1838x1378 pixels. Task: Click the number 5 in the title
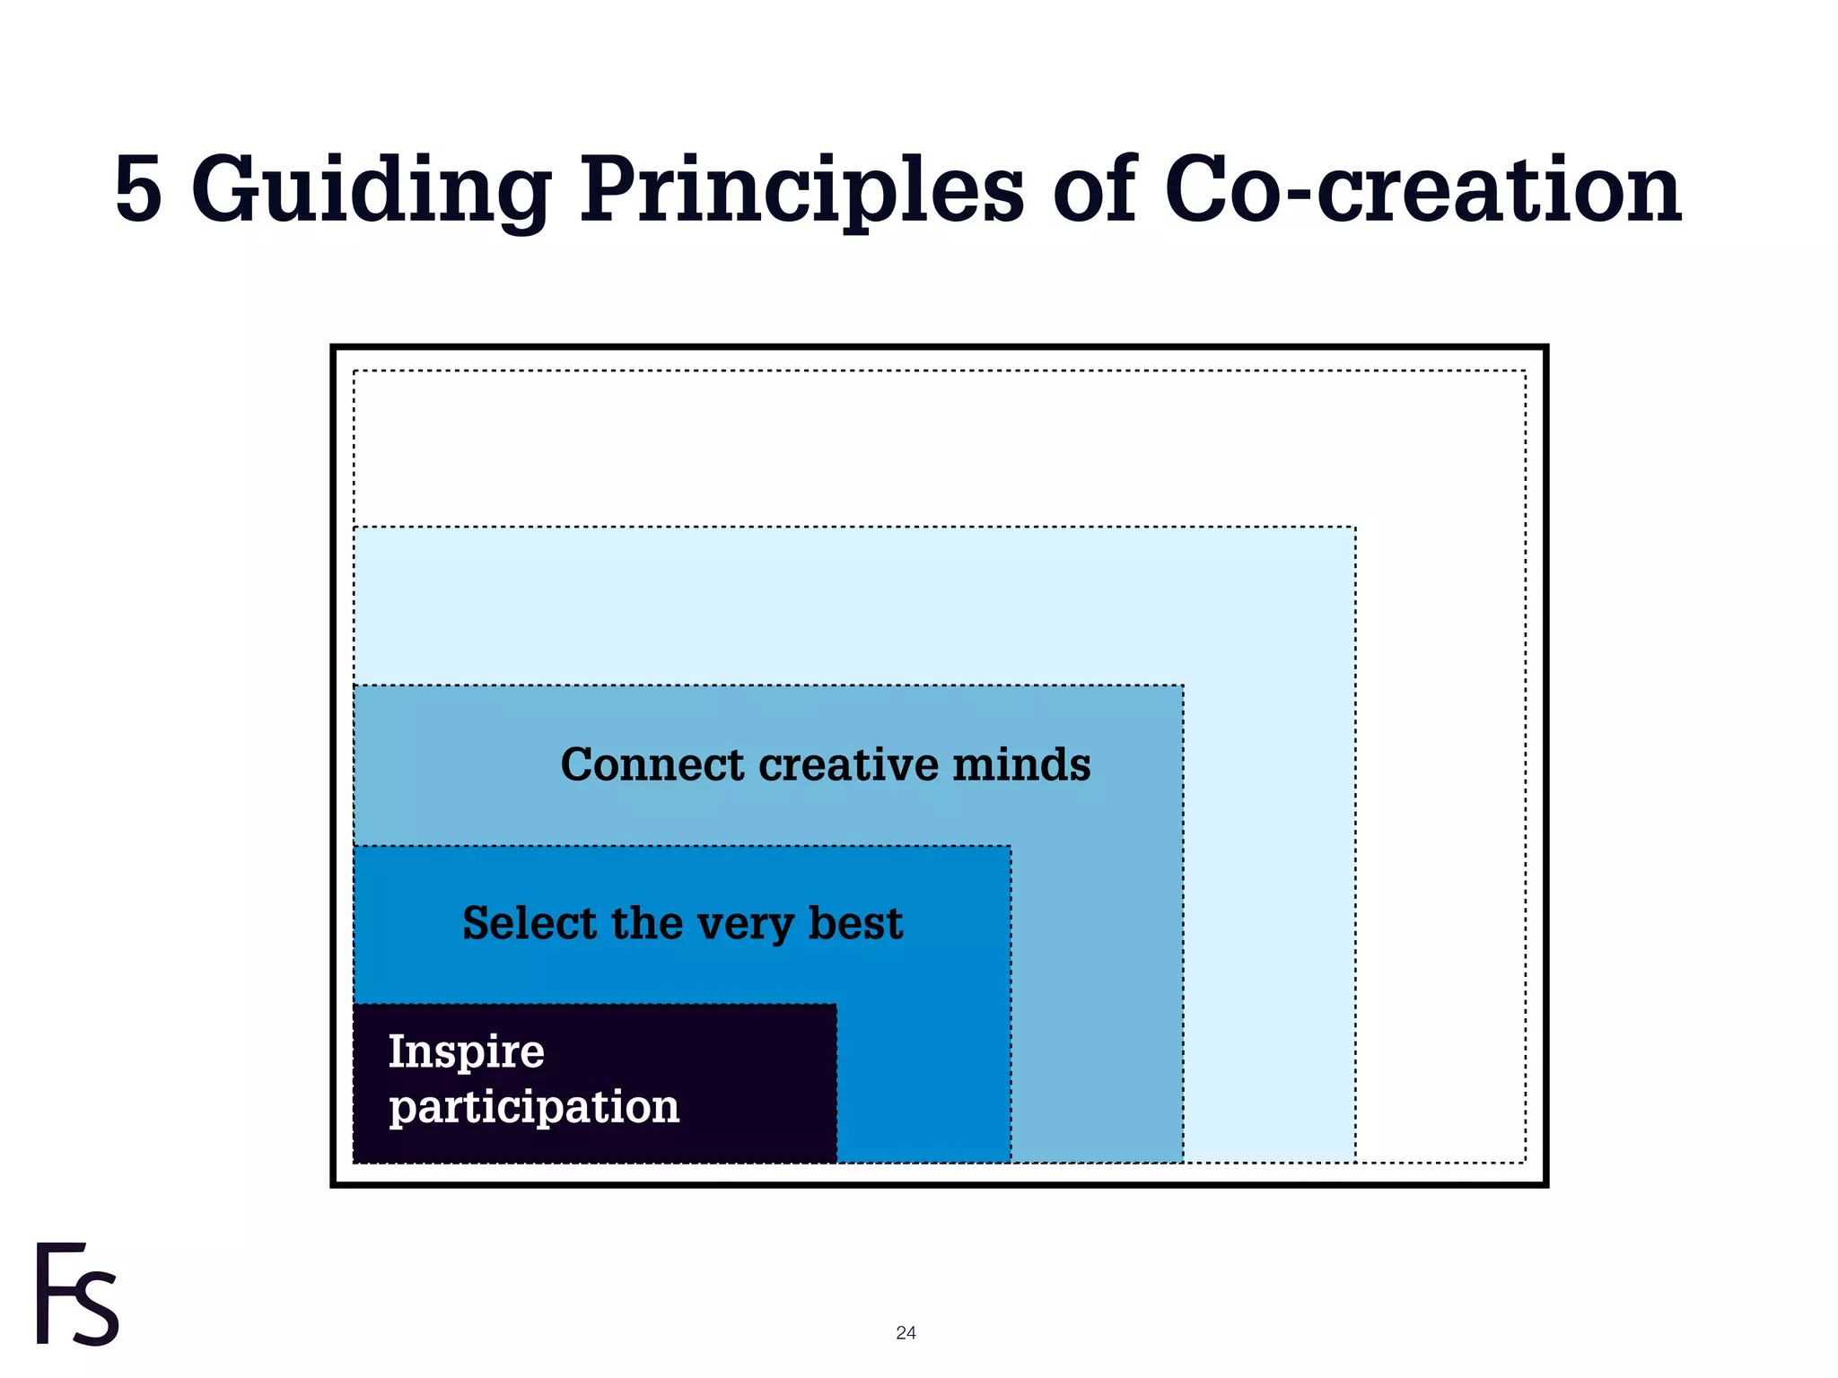pyautogui.click(x=139, y=190)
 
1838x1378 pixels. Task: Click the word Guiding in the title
pyautogui.click(x=371, y=190)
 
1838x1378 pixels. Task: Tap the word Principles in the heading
pyautogui.click(x=801, y=190)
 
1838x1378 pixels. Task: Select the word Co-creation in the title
pyautogui.click(x=1422, y=190)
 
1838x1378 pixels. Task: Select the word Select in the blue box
pyautogui.click(x=529, y=923)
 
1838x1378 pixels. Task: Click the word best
pyautogui.click(x=855, y=923)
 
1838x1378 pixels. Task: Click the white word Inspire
pyautogui.click(x=466, y=1051)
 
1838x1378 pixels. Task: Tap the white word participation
pyautogui.click(x=534, y=1107)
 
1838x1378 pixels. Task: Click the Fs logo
pyautogui.click(x=77, y=1294)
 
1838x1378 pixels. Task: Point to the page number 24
pyautogui.click(x=906, y=1333)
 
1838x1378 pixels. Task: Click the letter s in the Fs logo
pyautogui.click(x=95, y=1308)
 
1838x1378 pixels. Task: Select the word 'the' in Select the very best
pyautogui.click(x=645, y=923)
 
